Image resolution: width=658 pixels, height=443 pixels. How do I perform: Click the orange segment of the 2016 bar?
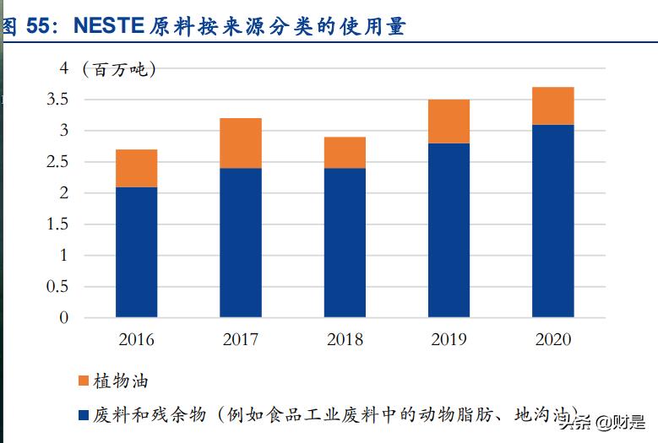136,168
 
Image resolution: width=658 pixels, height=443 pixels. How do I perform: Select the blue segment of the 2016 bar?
136,251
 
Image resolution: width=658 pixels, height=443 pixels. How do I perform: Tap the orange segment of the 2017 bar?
241,143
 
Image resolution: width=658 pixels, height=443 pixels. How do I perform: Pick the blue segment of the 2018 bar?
345,242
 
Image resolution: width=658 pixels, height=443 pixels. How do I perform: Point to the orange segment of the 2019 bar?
449,122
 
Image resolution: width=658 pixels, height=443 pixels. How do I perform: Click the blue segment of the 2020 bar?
553,221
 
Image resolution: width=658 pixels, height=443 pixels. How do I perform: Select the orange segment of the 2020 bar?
553,105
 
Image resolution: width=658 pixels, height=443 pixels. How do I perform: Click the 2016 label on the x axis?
136,340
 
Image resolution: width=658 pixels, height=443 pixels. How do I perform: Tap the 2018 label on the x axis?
345,340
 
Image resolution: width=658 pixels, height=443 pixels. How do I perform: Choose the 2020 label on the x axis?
553,340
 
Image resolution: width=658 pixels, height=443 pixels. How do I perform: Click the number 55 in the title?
39,26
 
